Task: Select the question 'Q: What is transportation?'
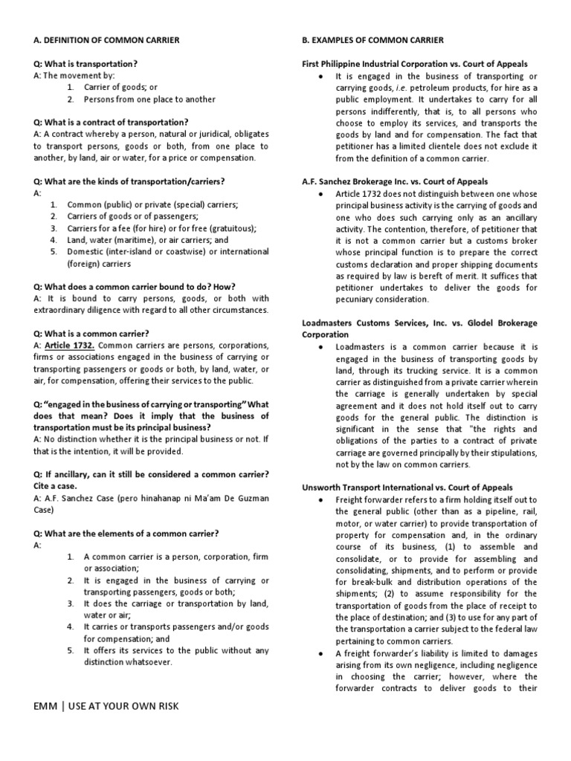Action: (86, 64)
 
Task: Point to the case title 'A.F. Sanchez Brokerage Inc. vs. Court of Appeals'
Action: (394, 181)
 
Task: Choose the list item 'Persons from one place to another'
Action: (149, 99)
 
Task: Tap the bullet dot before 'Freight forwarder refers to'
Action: (319, 499)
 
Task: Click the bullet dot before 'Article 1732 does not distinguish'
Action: (319, 193)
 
